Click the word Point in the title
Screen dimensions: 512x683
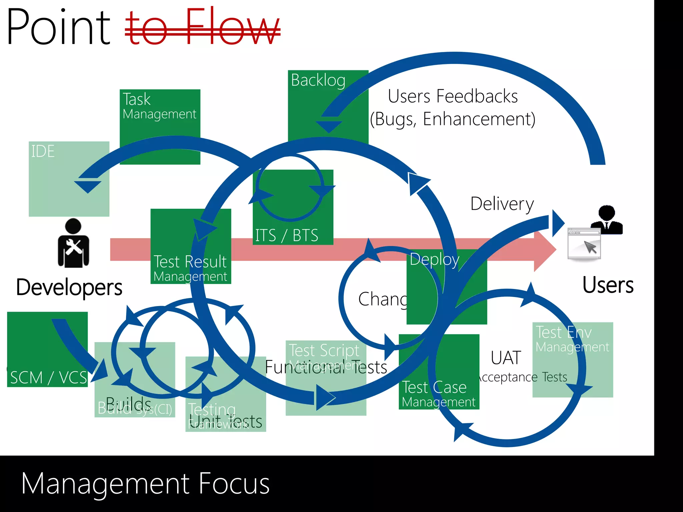[58, 27]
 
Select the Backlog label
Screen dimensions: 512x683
[318, 80]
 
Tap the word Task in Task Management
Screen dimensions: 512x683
[137, 99]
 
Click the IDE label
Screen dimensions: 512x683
[43, 151]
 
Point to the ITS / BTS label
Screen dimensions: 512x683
[286, 235]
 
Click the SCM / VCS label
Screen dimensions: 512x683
[48, 378]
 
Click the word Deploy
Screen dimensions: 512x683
[434, 260]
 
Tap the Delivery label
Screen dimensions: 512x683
[502, 204]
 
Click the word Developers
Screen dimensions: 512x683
[69, 287]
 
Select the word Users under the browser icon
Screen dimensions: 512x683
[608, 285]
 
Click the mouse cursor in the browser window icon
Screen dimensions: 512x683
[590, 247]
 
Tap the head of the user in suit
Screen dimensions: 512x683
[607, 212]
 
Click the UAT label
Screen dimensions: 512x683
[506, 358]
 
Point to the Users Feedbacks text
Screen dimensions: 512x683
[453, 97]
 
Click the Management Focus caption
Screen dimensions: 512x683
[145, 484]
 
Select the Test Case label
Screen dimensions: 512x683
[434, 387]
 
